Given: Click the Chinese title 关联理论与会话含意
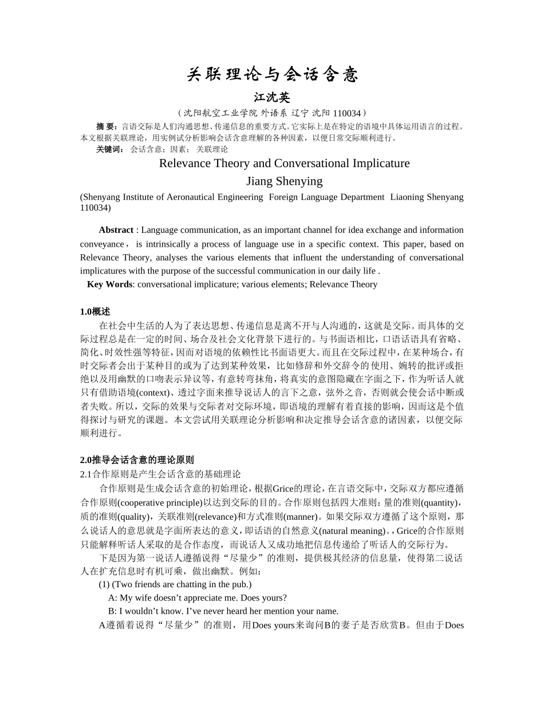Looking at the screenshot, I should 272,74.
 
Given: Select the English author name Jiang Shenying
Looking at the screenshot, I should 284,181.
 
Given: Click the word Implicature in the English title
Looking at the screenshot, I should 376,163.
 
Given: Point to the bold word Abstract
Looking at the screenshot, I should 116,230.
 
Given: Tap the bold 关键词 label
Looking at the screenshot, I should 109,149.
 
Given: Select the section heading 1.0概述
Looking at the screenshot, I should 95,312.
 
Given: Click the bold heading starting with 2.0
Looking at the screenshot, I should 137,460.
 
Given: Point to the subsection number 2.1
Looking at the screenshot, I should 86,474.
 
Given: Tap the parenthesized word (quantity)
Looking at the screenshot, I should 442,503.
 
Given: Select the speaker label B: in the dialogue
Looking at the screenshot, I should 112,611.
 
